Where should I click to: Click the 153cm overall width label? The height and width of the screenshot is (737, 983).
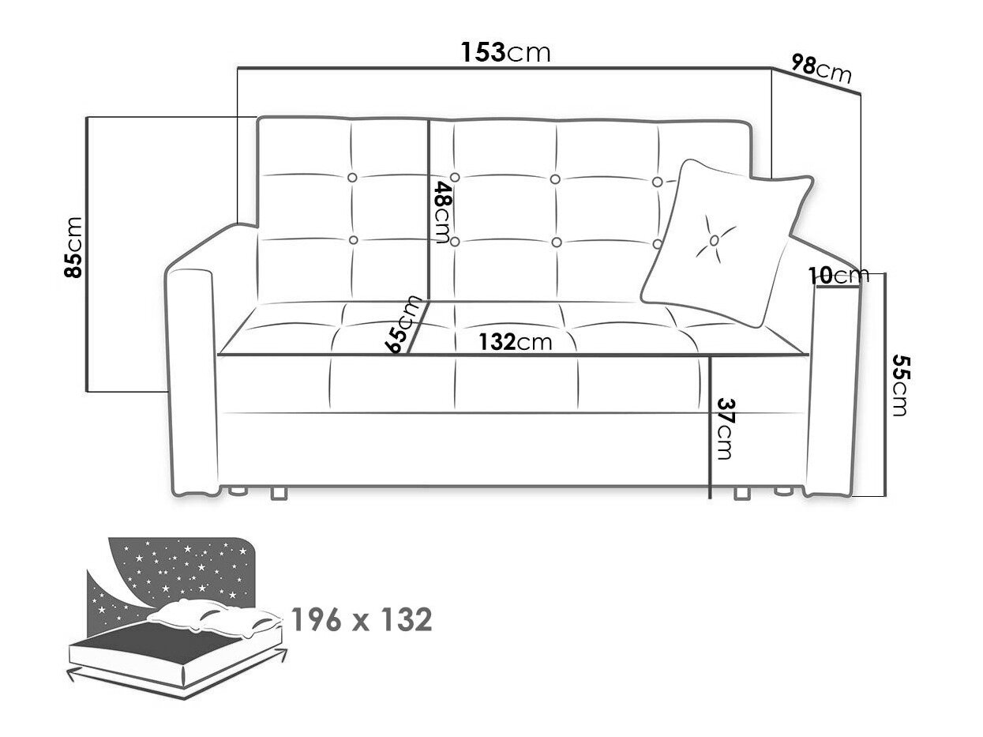(505, 52)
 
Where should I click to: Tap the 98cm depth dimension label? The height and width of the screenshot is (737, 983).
(821, 69)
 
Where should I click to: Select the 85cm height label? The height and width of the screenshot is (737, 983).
(73, 247)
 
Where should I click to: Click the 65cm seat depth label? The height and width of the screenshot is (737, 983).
(403, 324)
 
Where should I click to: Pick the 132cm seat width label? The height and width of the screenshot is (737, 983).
(516, 342)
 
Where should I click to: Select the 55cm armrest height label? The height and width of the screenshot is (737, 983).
(901, 385)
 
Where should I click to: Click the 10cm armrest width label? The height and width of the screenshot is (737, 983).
(839, 275)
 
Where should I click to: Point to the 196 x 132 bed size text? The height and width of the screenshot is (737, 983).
(362, 619)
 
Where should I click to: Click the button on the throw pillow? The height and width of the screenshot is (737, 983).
(714, 240)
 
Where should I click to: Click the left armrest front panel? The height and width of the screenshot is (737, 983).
(191, 381)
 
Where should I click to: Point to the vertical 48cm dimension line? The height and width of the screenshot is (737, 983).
(429, 209)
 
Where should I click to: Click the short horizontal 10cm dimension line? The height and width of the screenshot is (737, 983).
(838, 288)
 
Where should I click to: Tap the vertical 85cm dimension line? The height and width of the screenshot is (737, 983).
(85, 254)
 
